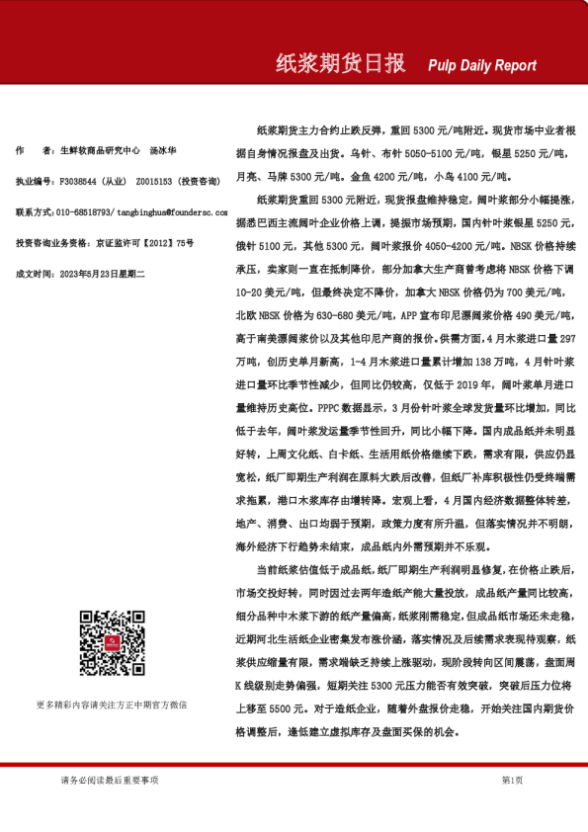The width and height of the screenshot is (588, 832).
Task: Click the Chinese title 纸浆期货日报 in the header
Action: tap(339, 63)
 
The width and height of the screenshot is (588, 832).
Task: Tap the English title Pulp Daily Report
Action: tap(482, 65)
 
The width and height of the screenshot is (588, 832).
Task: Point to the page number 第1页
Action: tap(512, 781)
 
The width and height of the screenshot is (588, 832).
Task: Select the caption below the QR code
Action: tap(111, 705)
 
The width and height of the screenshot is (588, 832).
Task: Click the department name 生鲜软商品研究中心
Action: tap(98, 151)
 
